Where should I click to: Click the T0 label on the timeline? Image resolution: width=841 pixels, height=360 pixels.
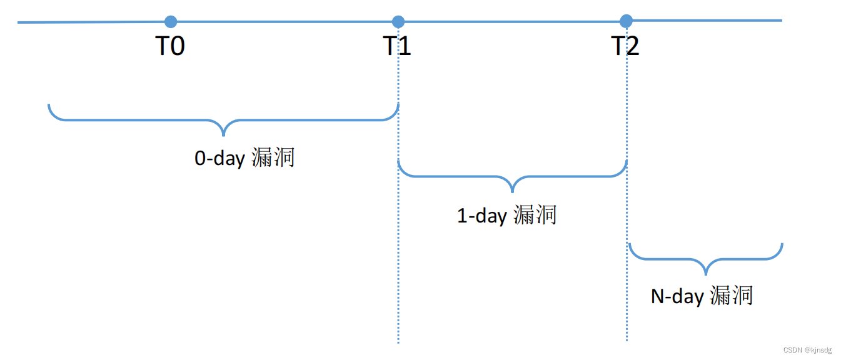tap(170, 46)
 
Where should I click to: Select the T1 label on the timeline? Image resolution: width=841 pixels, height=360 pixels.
tap(398, 46)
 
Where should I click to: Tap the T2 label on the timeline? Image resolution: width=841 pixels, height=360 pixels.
tap(625, 46)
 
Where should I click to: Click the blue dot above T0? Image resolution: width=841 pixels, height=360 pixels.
tap(171, 22)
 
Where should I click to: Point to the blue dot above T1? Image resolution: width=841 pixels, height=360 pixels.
tap(398, 22)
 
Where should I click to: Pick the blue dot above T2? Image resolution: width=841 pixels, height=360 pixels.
tap(626, 21)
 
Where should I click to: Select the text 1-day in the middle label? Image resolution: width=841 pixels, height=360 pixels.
tap(482, 216)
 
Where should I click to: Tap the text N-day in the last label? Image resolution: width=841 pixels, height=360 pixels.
tap(677, 296)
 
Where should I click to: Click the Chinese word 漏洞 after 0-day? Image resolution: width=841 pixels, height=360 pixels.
tap(273, 157)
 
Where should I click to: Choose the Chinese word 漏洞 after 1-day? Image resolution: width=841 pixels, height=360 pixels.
tap(535, 215)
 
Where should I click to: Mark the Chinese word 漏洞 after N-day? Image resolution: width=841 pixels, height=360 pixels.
tap(732, 295)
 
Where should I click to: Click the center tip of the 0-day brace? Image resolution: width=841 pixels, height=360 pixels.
tap(223, 134)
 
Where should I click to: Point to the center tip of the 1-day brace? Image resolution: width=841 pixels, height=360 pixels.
tap(512, 191)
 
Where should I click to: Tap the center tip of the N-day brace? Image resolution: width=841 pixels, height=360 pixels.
tap(706, 273)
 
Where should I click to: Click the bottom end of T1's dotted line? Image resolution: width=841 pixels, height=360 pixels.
tap(398, 341)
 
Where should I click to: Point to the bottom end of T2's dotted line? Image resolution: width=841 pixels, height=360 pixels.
tap(627, 340)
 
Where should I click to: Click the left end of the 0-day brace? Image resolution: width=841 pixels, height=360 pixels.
tap(49, 106)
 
